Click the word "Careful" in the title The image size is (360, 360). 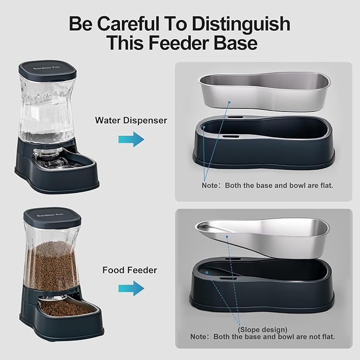click(131, 24)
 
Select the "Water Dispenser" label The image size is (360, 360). click(131, 120)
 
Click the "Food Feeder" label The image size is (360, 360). click(130, 270)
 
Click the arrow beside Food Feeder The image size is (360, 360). click(131, 288)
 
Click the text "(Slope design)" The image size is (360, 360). click(264, 329)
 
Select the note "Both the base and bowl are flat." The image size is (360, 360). click(268, 186)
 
